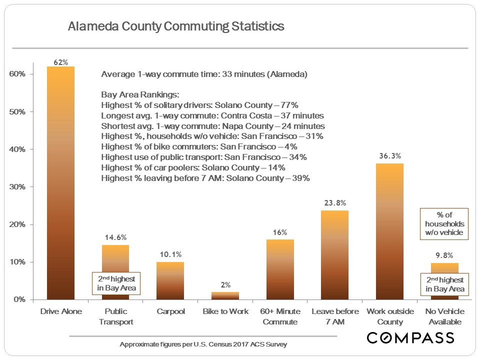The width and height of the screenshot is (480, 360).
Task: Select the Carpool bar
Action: [170, 280]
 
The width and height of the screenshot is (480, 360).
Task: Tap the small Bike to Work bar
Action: [225, 295]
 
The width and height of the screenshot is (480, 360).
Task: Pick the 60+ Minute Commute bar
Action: [280, 269]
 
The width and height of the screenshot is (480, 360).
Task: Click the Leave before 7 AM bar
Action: [334, 255]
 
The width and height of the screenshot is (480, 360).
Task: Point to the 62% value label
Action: [60, 62]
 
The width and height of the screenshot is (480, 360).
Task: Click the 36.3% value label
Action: [389, 156]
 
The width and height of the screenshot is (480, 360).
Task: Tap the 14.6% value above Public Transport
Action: [115, 237]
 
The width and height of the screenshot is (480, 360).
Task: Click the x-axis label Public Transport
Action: [115, 316]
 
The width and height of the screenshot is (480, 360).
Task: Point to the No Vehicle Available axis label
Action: [444, 316]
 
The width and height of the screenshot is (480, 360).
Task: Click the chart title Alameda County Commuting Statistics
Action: [176, 26]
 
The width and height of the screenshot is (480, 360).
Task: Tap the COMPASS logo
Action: [410, 338]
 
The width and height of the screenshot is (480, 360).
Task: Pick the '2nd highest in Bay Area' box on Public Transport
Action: [116, 283]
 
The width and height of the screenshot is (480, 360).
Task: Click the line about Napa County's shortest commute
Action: [212, 126]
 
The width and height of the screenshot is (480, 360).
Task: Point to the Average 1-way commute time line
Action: [203, 74]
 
